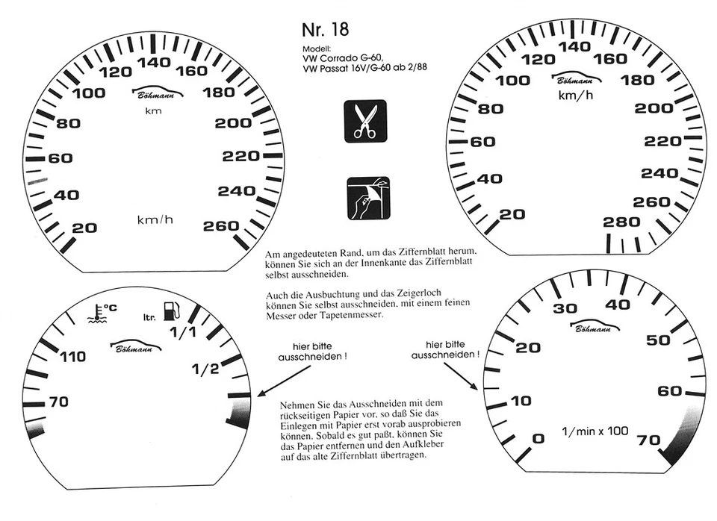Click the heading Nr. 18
[326, 30]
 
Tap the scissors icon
[365, 121]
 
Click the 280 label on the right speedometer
[621, 222]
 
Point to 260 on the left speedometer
[221, 226]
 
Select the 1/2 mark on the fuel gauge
[205, 368]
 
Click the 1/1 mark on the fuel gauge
[183, 332]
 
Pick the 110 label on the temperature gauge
[72, 358]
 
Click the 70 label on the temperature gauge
[58, 402]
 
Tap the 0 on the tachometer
[537, 437]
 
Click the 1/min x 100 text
[595, 431]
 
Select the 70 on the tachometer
[648, 440]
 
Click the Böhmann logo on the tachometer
[595, 326]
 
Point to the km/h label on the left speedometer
[155, 219]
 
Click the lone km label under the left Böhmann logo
[153, 111]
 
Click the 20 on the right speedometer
[512, 214]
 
